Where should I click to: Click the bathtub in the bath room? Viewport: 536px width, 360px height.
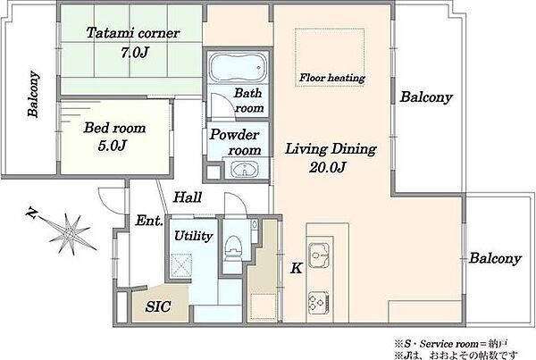238,68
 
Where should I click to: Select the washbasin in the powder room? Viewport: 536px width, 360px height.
245,169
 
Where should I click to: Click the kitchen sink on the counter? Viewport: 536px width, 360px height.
319,255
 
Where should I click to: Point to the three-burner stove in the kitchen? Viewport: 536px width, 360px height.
319,303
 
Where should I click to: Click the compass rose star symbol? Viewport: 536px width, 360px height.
70,234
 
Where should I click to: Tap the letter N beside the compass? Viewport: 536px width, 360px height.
32,213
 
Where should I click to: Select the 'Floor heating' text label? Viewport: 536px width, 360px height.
332,78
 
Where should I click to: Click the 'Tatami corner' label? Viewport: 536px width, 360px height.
133,33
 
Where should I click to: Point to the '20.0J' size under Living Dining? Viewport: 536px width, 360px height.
328,167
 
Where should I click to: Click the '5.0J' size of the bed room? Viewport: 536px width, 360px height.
113,146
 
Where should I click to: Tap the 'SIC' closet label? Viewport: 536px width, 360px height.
158,306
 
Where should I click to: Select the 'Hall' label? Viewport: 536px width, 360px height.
188,197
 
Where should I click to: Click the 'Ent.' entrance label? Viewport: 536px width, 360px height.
149,221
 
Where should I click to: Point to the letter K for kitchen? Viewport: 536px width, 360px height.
296,268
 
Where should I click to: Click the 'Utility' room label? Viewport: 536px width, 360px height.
194,236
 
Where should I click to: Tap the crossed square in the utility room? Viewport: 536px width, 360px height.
181,265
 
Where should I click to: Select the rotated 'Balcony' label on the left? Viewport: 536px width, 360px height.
34,94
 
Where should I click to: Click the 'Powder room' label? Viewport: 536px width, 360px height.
236,142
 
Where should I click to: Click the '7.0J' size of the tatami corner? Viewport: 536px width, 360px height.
135,53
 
